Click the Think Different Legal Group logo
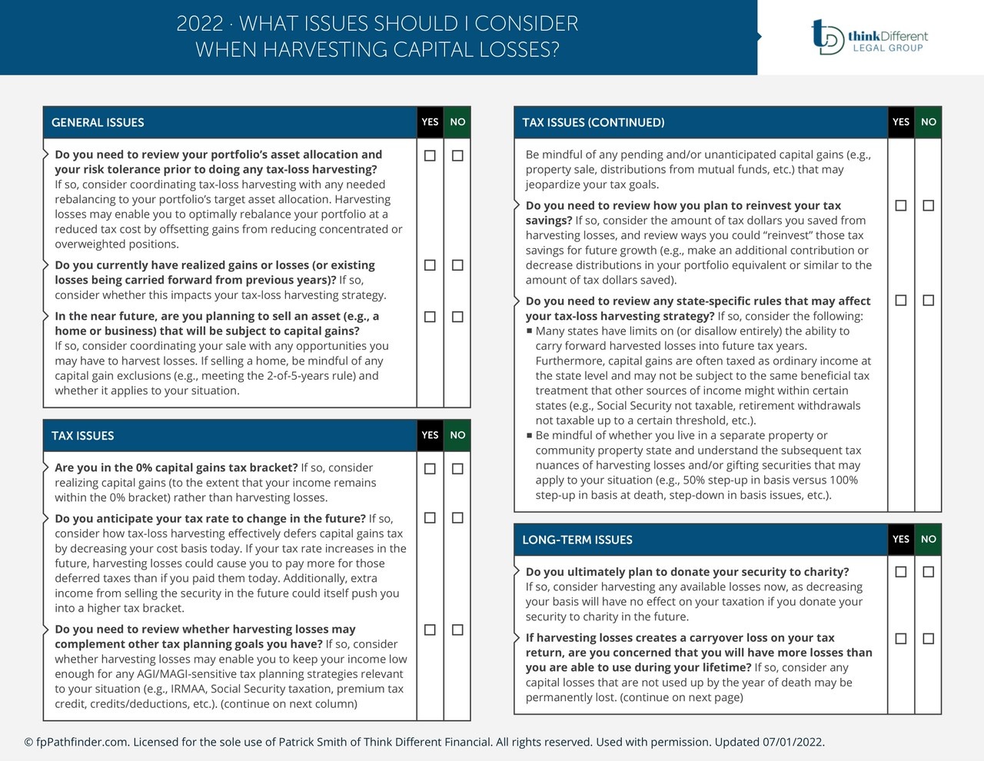(869, 37)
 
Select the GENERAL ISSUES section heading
(98, 122)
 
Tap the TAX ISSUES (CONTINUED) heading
(593, 122)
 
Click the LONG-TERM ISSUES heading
(577, 540)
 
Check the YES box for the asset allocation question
(430, 155)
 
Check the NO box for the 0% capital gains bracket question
(457, 468)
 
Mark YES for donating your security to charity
(901, 572)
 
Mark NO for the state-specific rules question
(929, 301)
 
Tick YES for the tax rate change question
(430, 518)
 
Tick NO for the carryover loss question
(929, 638)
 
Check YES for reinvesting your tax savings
(901, 205)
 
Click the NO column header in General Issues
(457, 121)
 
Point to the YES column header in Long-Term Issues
(901, 539)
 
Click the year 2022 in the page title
(199, 24)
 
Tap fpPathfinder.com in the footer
(82, 742)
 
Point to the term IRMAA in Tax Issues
(183, 689)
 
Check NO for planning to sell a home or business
(457, 317)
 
